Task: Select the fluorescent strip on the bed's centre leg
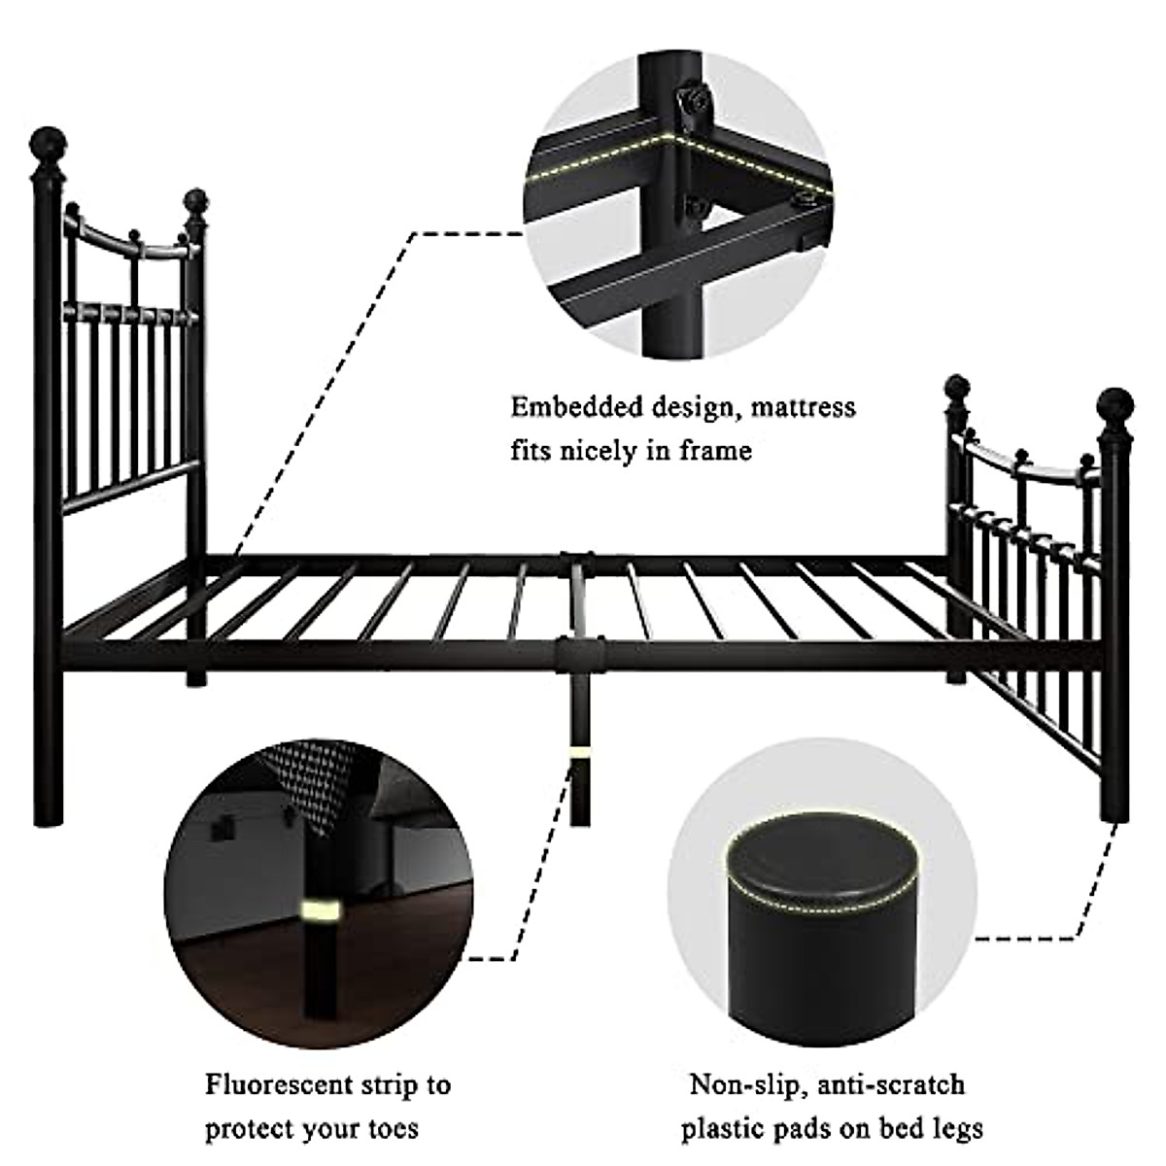(579, 753)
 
